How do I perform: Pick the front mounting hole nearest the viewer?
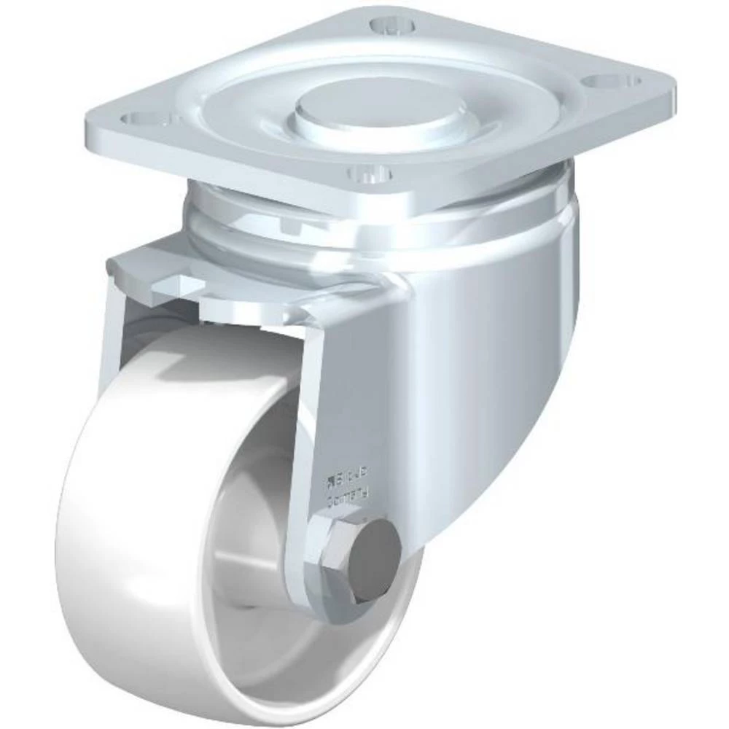370,175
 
